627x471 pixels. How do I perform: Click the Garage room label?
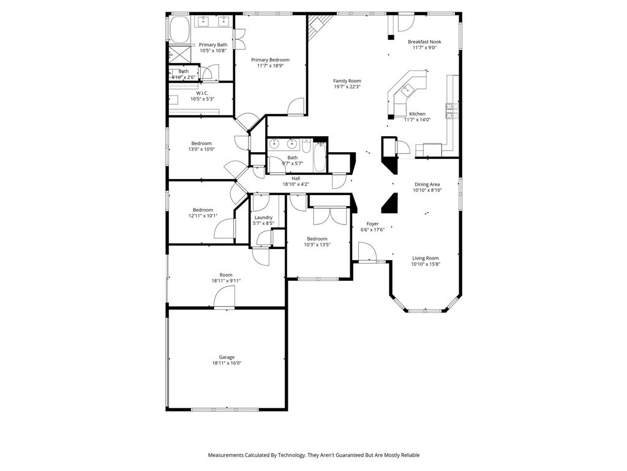[227, 357]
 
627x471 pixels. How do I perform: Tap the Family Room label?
[347, 81]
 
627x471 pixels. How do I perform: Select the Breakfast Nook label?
[424, 42]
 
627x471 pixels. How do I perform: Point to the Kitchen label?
[417, 114]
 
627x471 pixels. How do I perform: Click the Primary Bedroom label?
[270, 60]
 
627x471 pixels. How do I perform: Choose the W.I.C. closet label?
[202, 93]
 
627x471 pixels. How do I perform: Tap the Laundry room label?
[263, 218]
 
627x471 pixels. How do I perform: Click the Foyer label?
[372, 224]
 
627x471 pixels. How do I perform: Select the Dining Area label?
[427, 184]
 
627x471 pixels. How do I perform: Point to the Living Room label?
[425, 258]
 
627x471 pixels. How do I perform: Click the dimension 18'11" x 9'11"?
[227, 281]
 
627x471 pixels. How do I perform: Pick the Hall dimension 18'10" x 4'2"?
[296, 184]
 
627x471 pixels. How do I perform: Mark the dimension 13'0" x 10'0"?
[201, 149]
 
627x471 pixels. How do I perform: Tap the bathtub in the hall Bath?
[320, 158]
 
